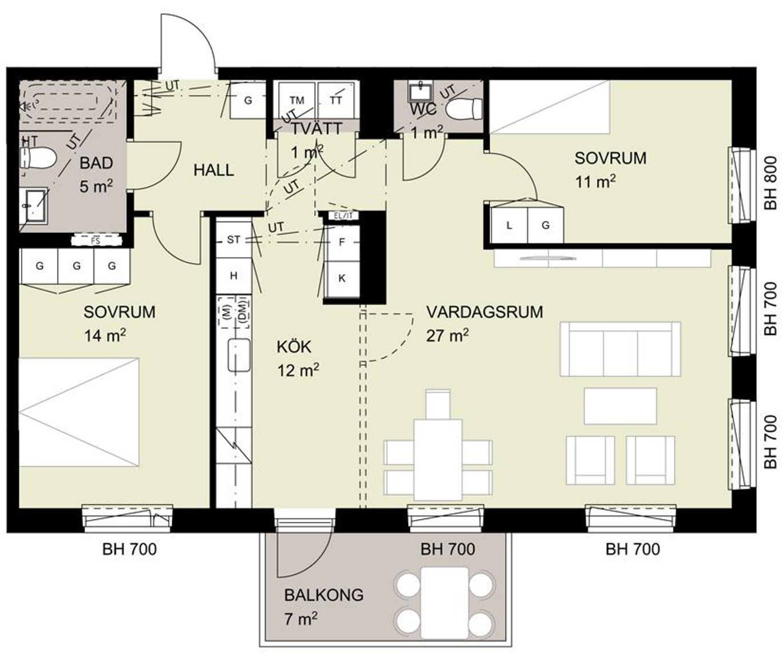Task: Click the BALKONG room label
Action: coord(323,595)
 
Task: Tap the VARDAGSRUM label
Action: coord(485,312)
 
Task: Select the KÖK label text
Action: coord(294,347)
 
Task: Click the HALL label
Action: coord(214,171)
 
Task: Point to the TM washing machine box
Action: coord(297,100)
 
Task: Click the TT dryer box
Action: coord(336,100)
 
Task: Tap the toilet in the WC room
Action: coord(464,109)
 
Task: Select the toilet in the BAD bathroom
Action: coord(37,157)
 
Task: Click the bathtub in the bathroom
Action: coord(68,101)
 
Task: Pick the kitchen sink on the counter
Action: coord(239,355)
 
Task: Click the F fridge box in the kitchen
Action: coord(342,242)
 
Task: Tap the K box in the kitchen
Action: coord(342,278)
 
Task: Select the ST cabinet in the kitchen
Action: coord(234,240)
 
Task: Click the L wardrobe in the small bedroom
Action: coord(509,225)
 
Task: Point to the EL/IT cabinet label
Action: coord(343,216)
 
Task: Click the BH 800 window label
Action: coord(771,183)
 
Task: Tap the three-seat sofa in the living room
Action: coord(620,349)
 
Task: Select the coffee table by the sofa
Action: coord(620,406)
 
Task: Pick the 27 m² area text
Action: coord(447,335)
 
